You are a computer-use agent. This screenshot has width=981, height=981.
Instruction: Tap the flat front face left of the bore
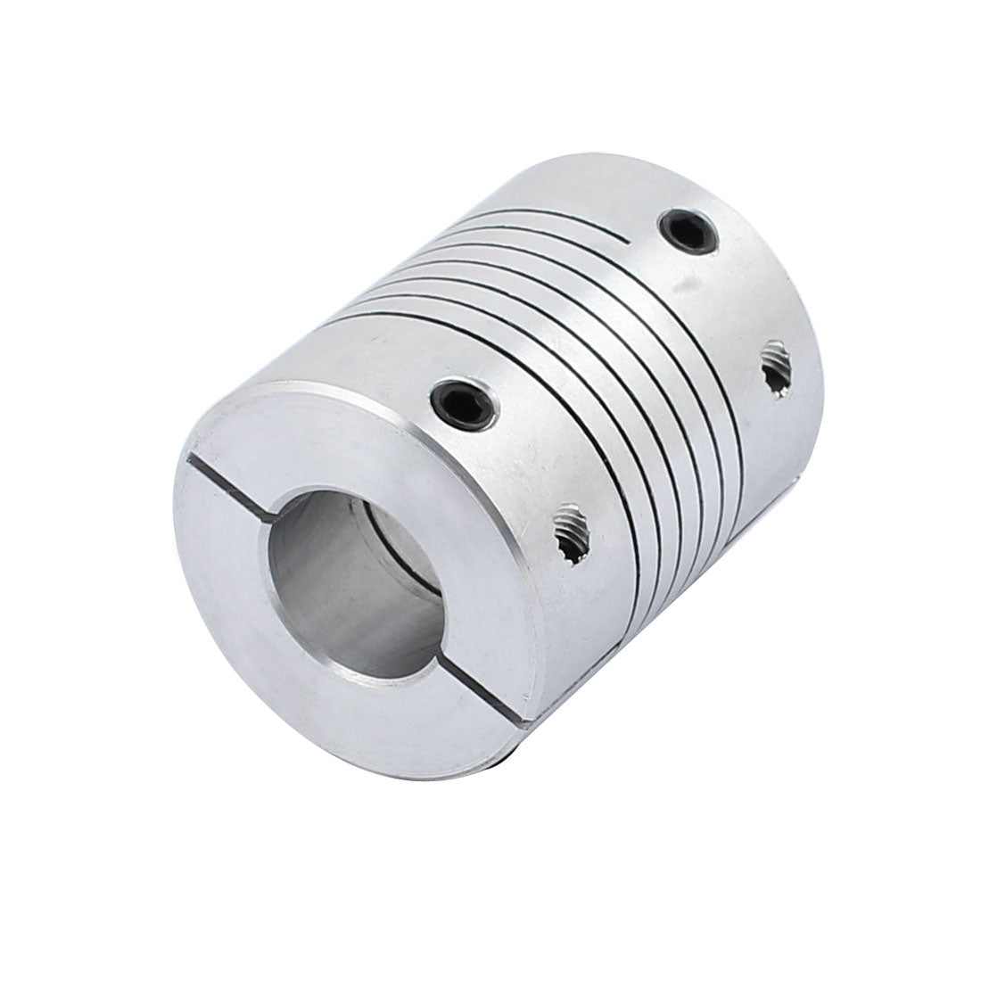234,571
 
